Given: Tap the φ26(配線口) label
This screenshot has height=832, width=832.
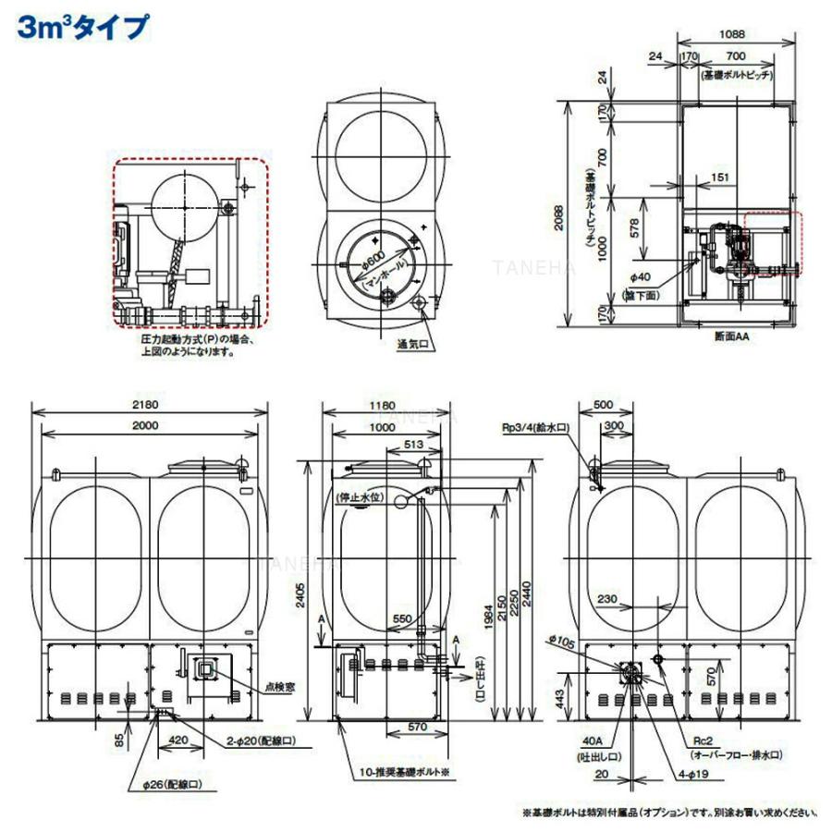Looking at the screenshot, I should pos(167,784).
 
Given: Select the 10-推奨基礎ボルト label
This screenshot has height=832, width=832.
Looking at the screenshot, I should pos(404,770).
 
